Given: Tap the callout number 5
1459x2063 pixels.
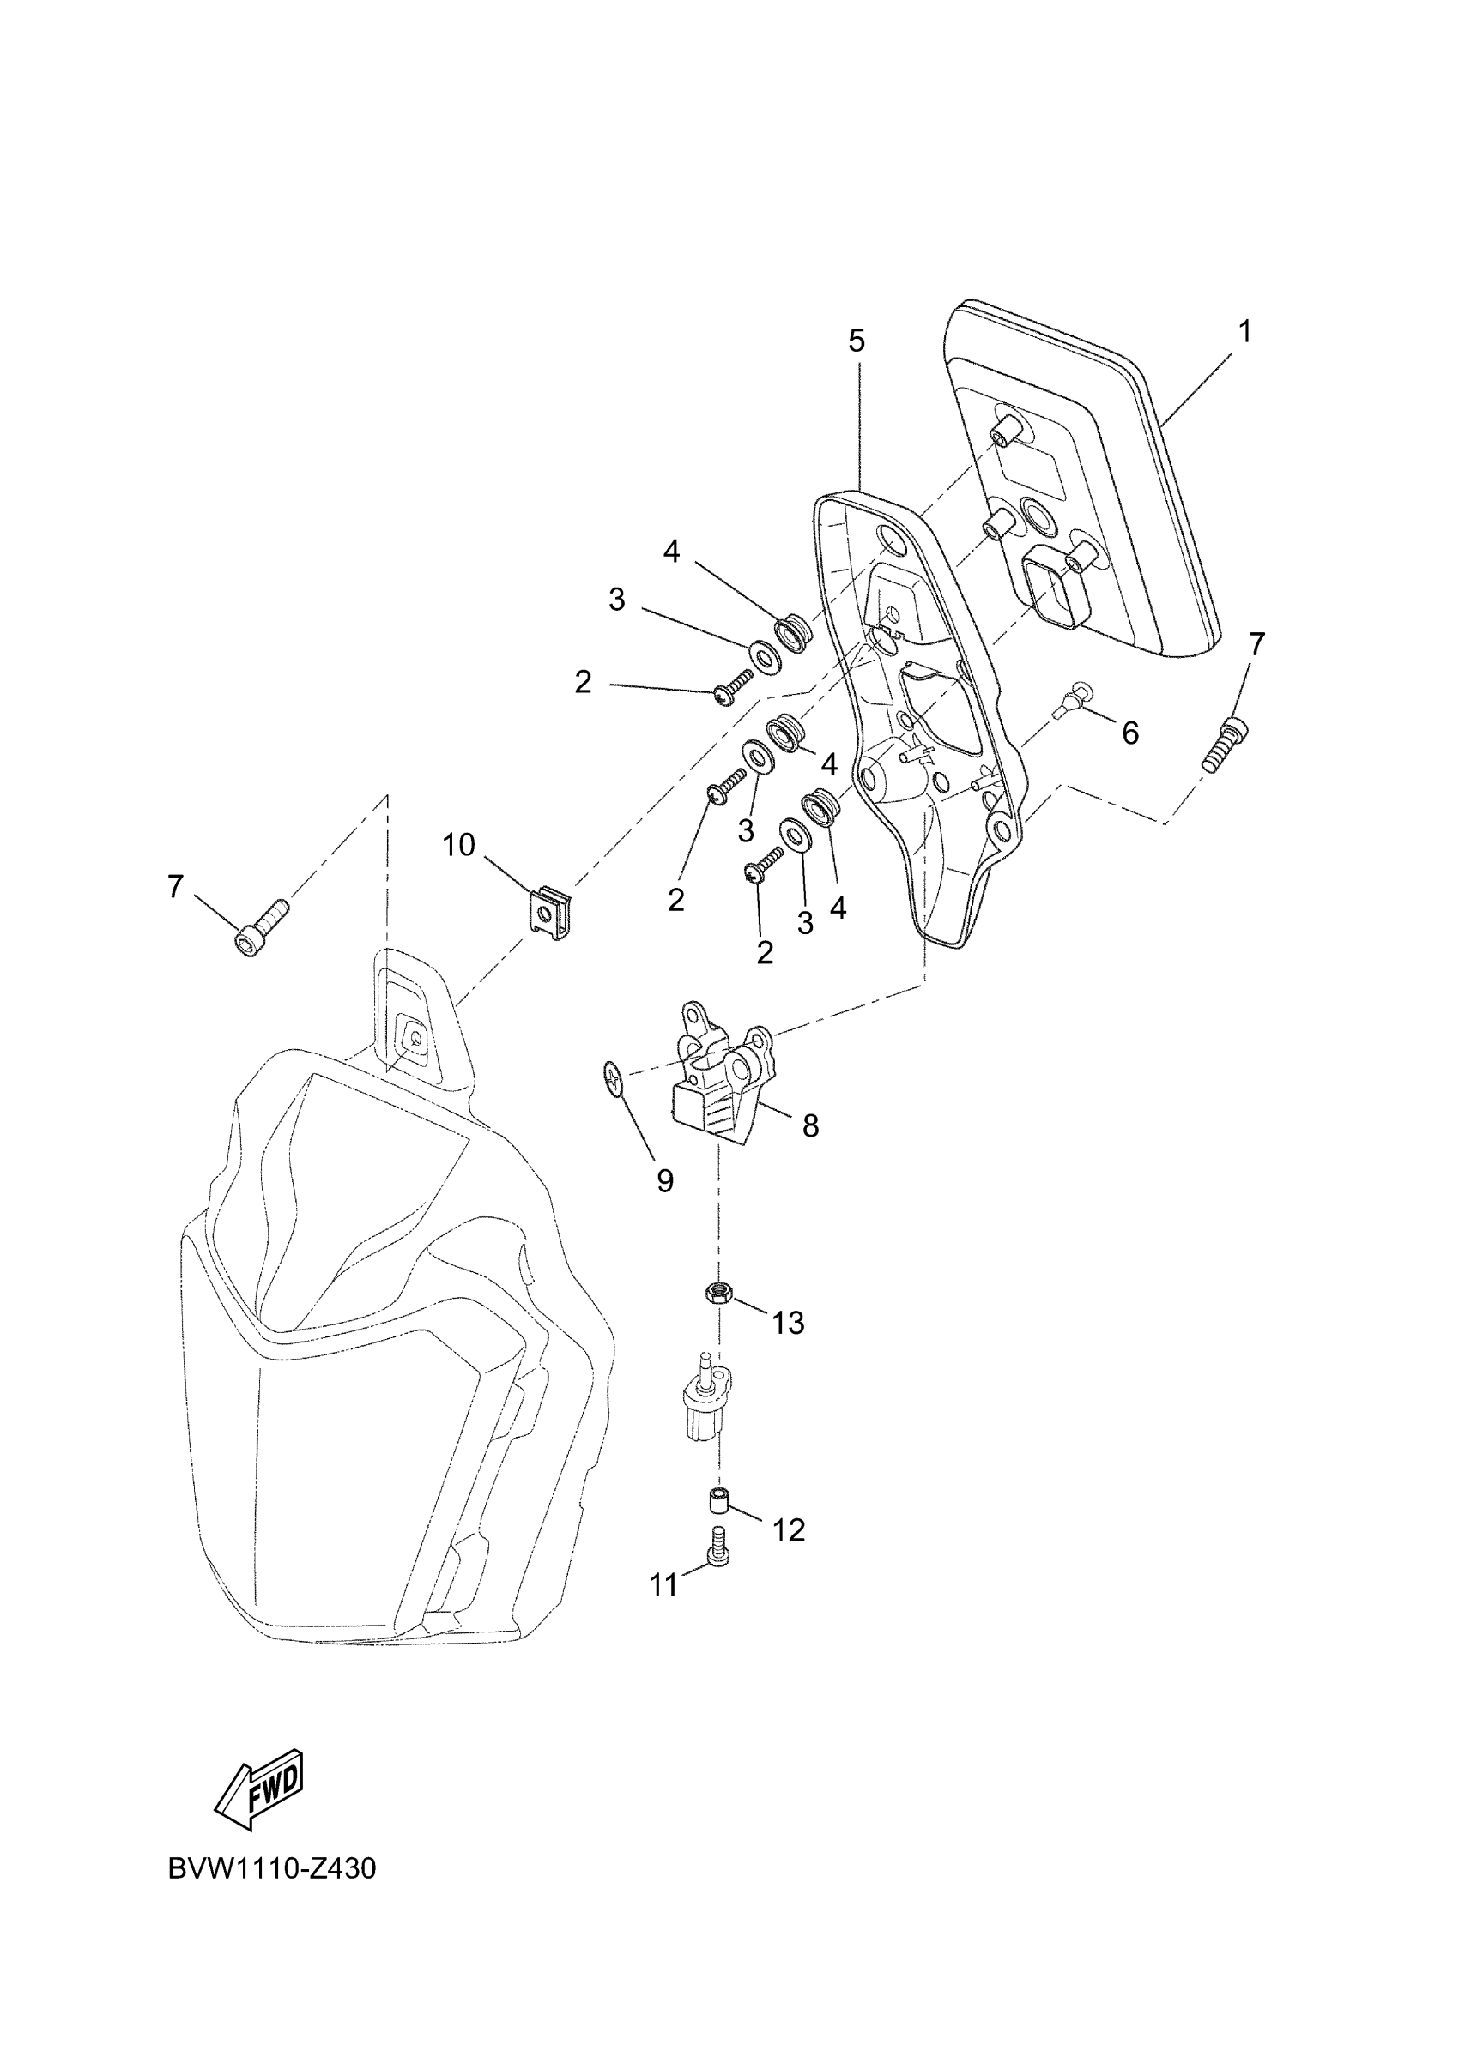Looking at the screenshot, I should (856, 341).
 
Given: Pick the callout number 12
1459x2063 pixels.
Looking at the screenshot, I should (789, 1530).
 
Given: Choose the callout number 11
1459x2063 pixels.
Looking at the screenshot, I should (663, 1586).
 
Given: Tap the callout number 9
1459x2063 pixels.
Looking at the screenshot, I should (664, 1181).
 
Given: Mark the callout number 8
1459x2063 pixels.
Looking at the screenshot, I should (810, 1125).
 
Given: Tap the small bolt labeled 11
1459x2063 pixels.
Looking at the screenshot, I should (718, 1560).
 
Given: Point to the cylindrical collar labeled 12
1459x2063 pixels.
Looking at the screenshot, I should (717, 1499).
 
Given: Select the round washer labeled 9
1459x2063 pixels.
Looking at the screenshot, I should (613, 1077).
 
